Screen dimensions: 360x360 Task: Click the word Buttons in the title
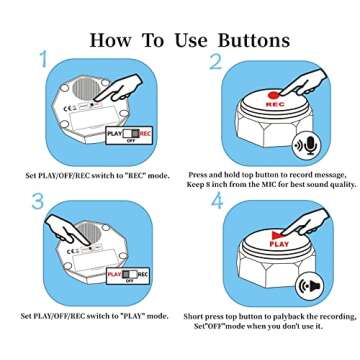click(254, 41)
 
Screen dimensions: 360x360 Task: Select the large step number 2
click(216, 61)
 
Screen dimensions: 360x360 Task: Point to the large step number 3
click(38, 201)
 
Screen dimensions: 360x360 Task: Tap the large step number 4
click(217, 201)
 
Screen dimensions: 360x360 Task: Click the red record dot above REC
click(273, 95)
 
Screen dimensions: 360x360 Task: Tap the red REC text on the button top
click(275, 104)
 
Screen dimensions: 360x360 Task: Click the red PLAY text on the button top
click(279, 244)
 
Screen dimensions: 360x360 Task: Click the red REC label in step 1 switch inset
click(145, 134)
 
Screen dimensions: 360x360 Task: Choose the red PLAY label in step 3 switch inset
click(115, 274)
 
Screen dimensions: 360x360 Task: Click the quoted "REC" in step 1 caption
click(136, 175)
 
